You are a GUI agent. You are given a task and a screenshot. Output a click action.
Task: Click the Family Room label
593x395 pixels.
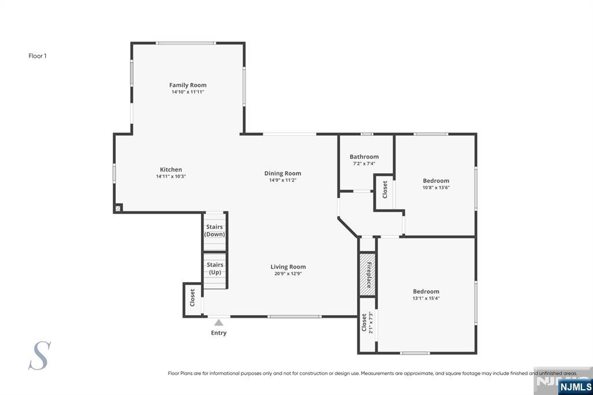(x=188, y=85)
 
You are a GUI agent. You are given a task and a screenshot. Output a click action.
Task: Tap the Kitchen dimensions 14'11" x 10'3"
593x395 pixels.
(x=171, y=176)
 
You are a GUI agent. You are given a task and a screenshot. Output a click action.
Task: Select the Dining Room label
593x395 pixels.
(x=283, y=173)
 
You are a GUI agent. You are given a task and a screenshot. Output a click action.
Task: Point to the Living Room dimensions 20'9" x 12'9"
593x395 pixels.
(x=288, y=273)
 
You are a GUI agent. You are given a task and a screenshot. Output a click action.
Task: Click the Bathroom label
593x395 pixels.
(x=364, y=156)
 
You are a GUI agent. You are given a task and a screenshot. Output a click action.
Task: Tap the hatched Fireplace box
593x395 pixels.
(x=367, y=275)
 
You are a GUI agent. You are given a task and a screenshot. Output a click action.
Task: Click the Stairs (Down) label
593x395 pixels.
(x=214, y=231)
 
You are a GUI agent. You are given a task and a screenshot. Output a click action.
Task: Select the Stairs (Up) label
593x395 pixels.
(x=215, y=268)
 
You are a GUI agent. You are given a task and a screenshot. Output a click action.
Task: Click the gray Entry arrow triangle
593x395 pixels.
(x=218, y=323)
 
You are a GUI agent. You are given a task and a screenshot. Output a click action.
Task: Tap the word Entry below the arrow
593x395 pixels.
(x=218, y=333)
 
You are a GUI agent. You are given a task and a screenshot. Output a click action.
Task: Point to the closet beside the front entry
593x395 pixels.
(x=192, y=299)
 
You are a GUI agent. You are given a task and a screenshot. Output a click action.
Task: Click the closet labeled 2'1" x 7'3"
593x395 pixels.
(x=367, y=324)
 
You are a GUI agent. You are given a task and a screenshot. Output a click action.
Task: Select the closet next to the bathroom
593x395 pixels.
(x=385, y=192)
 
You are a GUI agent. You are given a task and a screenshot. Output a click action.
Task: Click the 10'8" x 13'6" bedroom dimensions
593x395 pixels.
(x=436, y=188)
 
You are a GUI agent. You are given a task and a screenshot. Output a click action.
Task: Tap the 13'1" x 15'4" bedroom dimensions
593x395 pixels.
(x=426, y=298)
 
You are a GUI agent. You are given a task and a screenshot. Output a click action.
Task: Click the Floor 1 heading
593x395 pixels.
(x=38, y=56)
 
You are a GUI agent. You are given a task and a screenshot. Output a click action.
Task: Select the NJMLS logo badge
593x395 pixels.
(x=575, y=387)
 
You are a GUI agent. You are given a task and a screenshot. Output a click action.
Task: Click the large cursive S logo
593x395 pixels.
(x=39, y=356)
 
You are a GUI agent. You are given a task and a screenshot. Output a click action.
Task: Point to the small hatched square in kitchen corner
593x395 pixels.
(x=118, y=208)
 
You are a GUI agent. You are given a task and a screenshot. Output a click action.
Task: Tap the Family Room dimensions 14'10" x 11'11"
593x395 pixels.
(x=188, y=92)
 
